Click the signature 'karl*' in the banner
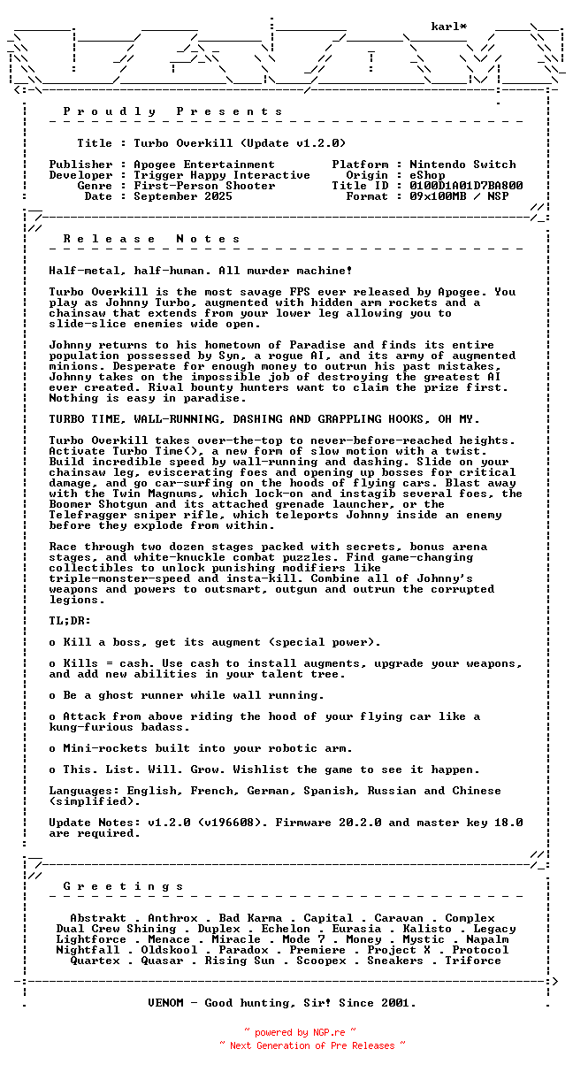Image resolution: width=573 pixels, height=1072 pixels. [449, 27]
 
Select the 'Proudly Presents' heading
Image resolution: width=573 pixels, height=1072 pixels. [173, 111]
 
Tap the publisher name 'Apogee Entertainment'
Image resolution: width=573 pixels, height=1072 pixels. [204, 165]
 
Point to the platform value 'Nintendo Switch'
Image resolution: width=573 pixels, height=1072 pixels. [462, 165]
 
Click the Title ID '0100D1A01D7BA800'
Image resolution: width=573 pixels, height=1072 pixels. [466, 186]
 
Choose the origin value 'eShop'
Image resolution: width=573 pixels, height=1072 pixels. [428, 175]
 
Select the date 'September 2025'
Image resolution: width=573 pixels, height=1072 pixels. [183, 196]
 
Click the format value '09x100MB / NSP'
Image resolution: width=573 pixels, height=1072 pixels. [459, 196]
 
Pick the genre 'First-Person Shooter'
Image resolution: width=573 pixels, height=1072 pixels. [204, 186]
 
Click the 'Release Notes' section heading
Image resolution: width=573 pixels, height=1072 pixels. [152, 239]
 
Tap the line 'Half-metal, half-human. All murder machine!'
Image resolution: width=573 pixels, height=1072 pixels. [201, 271]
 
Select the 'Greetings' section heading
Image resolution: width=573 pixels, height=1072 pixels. [124, 886]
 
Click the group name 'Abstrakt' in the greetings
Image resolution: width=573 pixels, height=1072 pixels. [98, 918]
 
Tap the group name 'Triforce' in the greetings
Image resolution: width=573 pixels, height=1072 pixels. [473, 961]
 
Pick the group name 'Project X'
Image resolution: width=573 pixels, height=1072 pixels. [399, 950]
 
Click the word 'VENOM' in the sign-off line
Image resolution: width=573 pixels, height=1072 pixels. [166, 1003]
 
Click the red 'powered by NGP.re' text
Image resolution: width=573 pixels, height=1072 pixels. [301, 1032]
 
